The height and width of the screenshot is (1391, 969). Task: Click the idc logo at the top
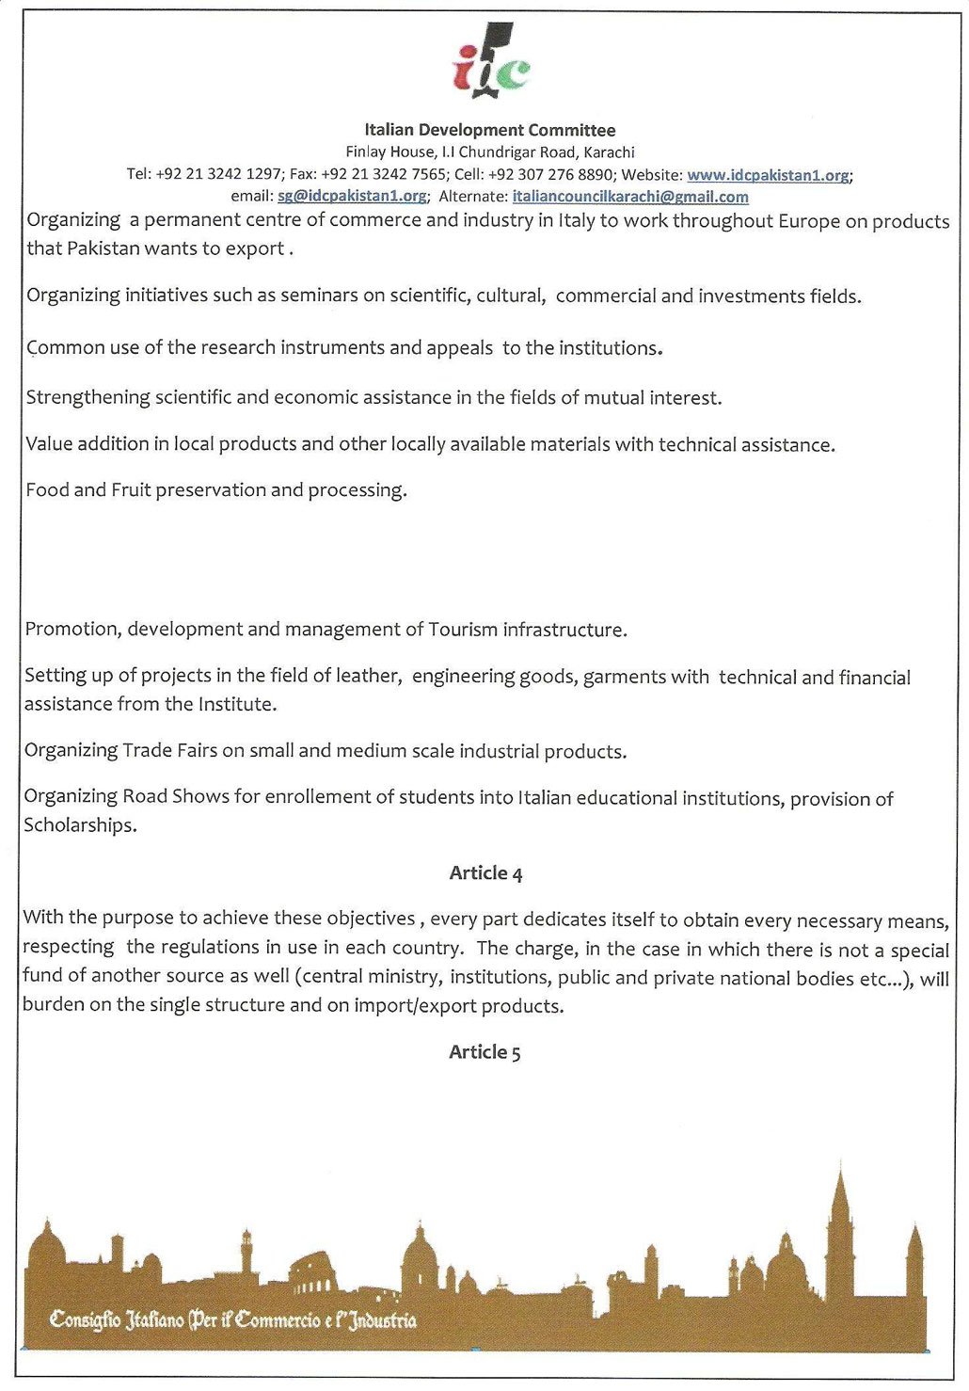pyautogui.click(x=491, y=61)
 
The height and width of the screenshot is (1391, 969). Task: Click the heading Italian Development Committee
pyautogui.click(x=490, y=130)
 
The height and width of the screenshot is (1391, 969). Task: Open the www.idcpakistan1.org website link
pyautogui.click(x=768, y=174)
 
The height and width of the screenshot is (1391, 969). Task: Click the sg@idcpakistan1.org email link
pyautogui.click(x=352, y=196)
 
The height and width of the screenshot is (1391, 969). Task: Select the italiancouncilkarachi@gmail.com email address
pyautogui.click(x=630, y=197)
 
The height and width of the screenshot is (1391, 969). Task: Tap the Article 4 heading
pyautogui.click(x=485, y=872)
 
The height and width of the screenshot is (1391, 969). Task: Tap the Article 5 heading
pyautogui.click(x=484, y=1051)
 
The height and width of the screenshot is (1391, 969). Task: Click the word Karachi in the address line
pyautogui.click(x=609, y=152)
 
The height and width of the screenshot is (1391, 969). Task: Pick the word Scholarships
pyautogui.click(x=79, y=824)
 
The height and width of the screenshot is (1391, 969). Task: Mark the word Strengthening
pyautogui.click(x=87, y=397)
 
